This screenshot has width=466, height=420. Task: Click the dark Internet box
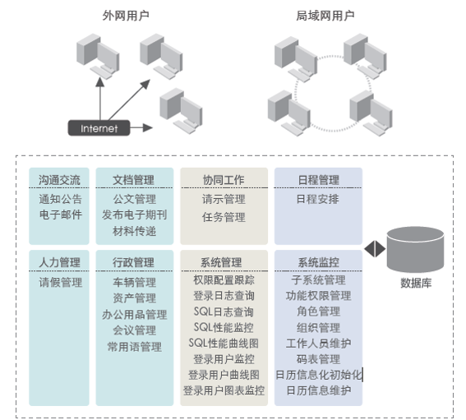click(x=99, y=128)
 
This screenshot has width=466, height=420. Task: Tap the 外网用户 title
click(x=126, y=16)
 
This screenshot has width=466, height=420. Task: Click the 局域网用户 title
click(x=325, y=16)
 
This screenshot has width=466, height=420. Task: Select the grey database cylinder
click(x=415, y=249)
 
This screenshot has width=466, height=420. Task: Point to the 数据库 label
click(x=416, y=283)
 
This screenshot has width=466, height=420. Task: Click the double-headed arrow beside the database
click(x=375, y=248)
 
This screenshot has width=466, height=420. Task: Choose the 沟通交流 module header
click(x=59, y=180)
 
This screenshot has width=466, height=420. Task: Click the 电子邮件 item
click(x=61, y=215)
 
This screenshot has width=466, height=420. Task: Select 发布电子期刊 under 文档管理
click(x=134, y=215)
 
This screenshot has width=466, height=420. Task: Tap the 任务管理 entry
click(x=224, y=217)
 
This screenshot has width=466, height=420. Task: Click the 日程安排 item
click(x=318, y=199)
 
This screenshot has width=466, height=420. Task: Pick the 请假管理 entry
click(x=61, y=282)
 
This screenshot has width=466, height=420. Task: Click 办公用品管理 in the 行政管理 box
click(x=134, y=314)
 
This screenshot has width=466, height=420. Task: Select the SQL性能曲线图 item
click(x=224, y=344)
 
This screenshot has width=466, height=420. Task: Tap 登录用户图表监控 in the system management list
click(x=224, y=390)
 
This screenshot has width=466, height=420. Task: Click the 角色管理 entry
click(x=318, y=312)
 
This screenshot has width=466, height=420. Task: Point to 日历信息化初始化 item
click(x=319, y=375)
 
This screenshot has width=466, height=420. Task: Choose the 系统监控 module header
click(x=318, y=262)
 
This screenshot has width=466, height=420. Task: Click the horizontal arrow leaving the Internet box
click(x=141, y=128)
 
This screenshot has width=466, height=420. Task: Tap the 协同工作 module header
click(x=224, y=180)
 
